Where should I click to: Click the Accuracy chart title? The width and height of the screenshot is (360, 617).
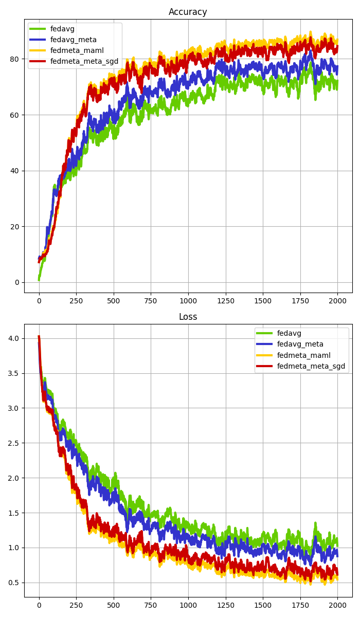pos(188,12)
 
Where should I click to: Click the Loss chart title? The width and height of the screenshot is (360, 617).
pos(188,317)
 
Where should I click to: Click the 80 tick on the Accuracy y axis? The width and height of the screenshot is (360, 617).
pos(14,59)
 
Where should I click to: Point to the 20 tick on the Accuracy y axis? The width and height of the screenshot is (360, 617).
pos(14,226)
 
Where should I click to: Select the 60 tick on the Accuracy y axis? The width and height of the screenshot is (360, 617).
pos(14,115)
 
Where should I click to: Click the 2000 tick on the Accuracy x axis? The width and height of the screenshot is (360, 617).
pos(337,300)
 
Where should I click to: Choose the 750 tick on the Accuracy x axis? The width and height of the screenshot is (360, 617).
pos(151,300)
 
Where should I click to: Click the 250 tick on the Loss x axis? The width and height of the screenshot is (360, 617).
pos(76,605)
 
